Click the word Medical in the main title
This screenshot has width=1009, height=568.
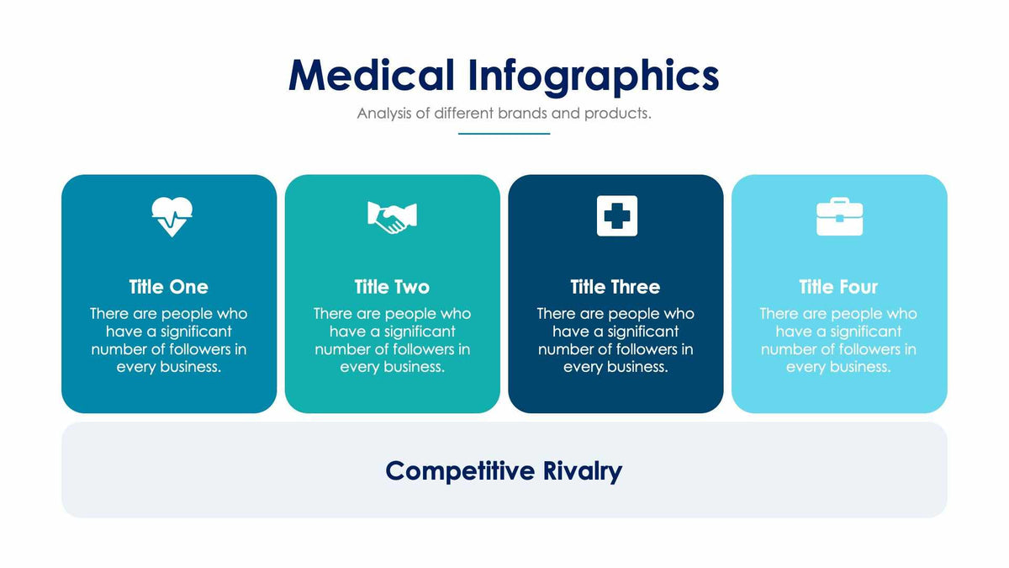(371, 75)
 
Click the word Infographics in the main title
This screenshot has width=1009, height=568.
(593, 75)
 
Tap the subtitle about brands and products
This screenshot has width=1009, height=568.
(504, 113)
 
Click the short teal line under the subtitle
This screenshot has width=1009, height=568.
(504, 133)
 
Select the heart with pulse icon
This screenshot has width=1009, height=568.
(172, 216)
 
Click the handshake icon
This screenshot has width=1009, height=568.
(392, 217)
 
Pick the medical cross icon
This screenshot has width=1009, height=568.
(616, 216)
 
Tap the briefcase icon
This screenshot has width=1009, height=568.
(839, 217)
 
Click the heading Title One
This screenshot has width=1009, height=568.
(168, 287)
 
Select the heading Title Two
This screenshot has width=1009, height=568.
(392, 287)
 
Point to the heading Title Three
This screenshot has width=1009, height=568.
(615, 287)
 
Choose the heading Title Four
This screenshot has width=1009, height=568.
(838, 287)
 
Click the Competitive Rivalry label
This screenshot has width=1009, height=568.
(504, 470)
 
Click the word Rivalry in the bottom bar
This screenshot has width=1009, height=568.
(582, 470)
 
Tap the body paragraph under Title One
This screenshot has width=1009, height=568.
(168, 340)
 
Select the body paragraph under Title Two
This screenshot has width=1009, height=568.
(392, 340)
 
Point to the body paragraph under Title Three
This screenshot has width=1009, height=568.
(615, 340)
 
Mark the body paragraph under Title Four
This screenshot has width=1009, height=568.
(838, 340)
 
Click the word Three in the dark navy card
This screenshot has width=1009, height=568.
(635, 287)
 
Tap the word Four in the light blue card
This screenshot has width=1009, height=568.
(858, 287)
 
